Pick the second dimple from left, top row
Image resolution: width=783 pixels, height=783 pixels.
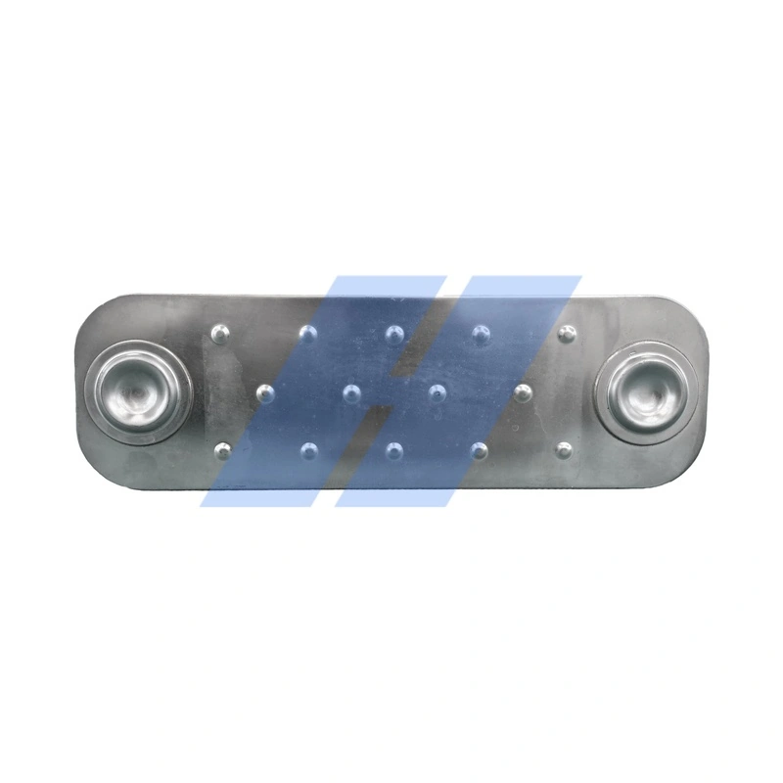(x=308, y=335)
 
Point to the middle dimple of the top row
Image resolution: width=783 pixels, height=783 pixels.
(x=394, y=335)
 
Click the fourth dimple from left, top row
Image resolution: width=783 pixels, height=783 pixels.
(x=481, y=335)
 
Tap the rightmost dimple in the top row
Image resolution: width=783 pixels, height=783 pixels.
(x=566, y=335)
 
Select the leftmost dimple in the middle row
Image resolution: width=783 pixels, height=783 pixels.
(x=264, y=393)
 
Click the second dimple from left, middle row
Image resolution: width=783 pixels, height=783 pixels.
(x=351, y=393)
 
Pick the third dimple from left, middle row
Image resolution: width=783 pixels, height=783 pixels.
(x=438, y=393)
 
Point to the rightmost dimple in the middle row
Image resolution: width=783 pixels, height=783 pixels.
(x=523, y=393)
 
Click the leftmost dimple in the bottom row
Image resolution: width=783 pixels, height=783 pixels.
(x=222, y=451)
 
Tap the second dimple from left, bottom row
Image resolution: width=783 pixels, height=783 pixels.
(x=308, y=451)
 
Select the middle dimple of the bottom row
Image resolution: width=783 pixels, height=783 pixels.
(x=394, y=451)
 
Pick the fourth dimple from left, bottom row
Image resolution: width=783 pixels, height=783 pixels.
(x=480, y=451)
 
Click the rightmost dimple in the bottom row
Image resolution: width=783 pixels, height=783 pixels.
(x=564, y=451)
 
